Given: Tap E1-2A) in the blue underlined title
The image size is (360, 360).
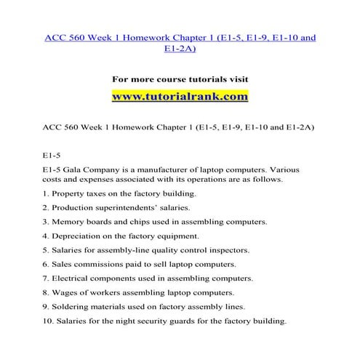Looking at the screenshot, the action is tap(180, 49).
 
